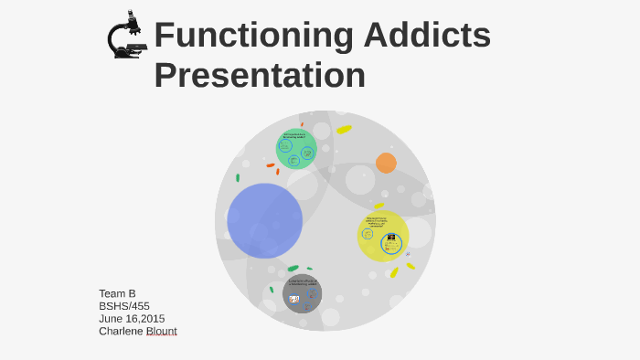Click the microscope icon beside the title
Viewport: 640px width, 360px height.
click(126, 36)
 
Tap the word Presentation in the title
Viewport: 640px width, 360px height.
click(260, 75)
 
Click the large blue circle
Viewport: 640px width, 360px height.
click(264, 220)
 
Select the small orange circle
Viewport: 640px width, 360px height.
click(386, 163)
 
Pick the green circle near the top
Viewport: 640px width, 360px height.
click(296, 149)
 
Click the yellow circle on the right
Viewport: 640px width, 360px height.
click(382, 236)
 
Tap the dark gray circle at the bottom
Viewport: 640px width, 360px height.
click(302, 293)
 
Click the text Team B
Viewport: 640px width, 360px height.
click(117, 293)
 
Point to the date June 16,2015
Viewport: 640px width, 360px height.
click(132, 319)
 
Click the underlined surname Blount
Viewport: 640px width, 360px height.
click(163, 332)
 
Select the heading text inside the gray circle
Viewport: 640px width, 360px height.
click(302, 281)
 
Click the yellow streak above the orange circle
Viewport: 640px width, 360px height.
click(344, 129)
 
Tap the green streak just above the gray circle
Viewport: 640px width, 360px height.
click(293, 268)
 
